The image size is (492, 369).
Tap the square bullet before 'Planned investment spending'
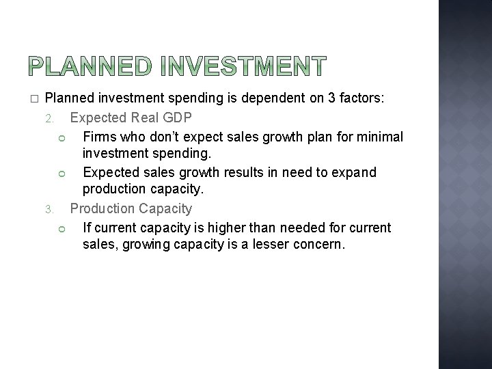coord(33,99)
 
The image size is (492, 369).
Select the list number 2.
coord(49,119)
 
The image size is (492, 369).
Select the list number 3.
coord(49,209)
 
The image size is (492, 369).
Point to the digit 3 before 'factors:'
coord(332,98)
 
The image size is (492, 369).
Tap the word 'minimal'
coord(379,137)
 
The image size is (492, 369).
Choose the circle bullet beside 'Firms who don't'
coord(61,137)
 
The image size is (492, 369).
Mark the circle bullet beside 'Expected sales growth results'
coord(61,173)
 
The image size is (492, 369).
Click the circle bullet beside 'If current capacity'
coord(61,228)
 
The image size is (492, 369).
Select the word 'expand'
coord(352,172)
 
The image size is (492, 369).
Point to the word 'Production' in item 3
coord(102,208)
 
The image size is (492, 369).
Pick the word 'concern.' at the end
coord(323,244)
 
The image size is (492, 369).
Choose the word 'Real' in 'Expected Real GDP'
coord(144,118)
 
